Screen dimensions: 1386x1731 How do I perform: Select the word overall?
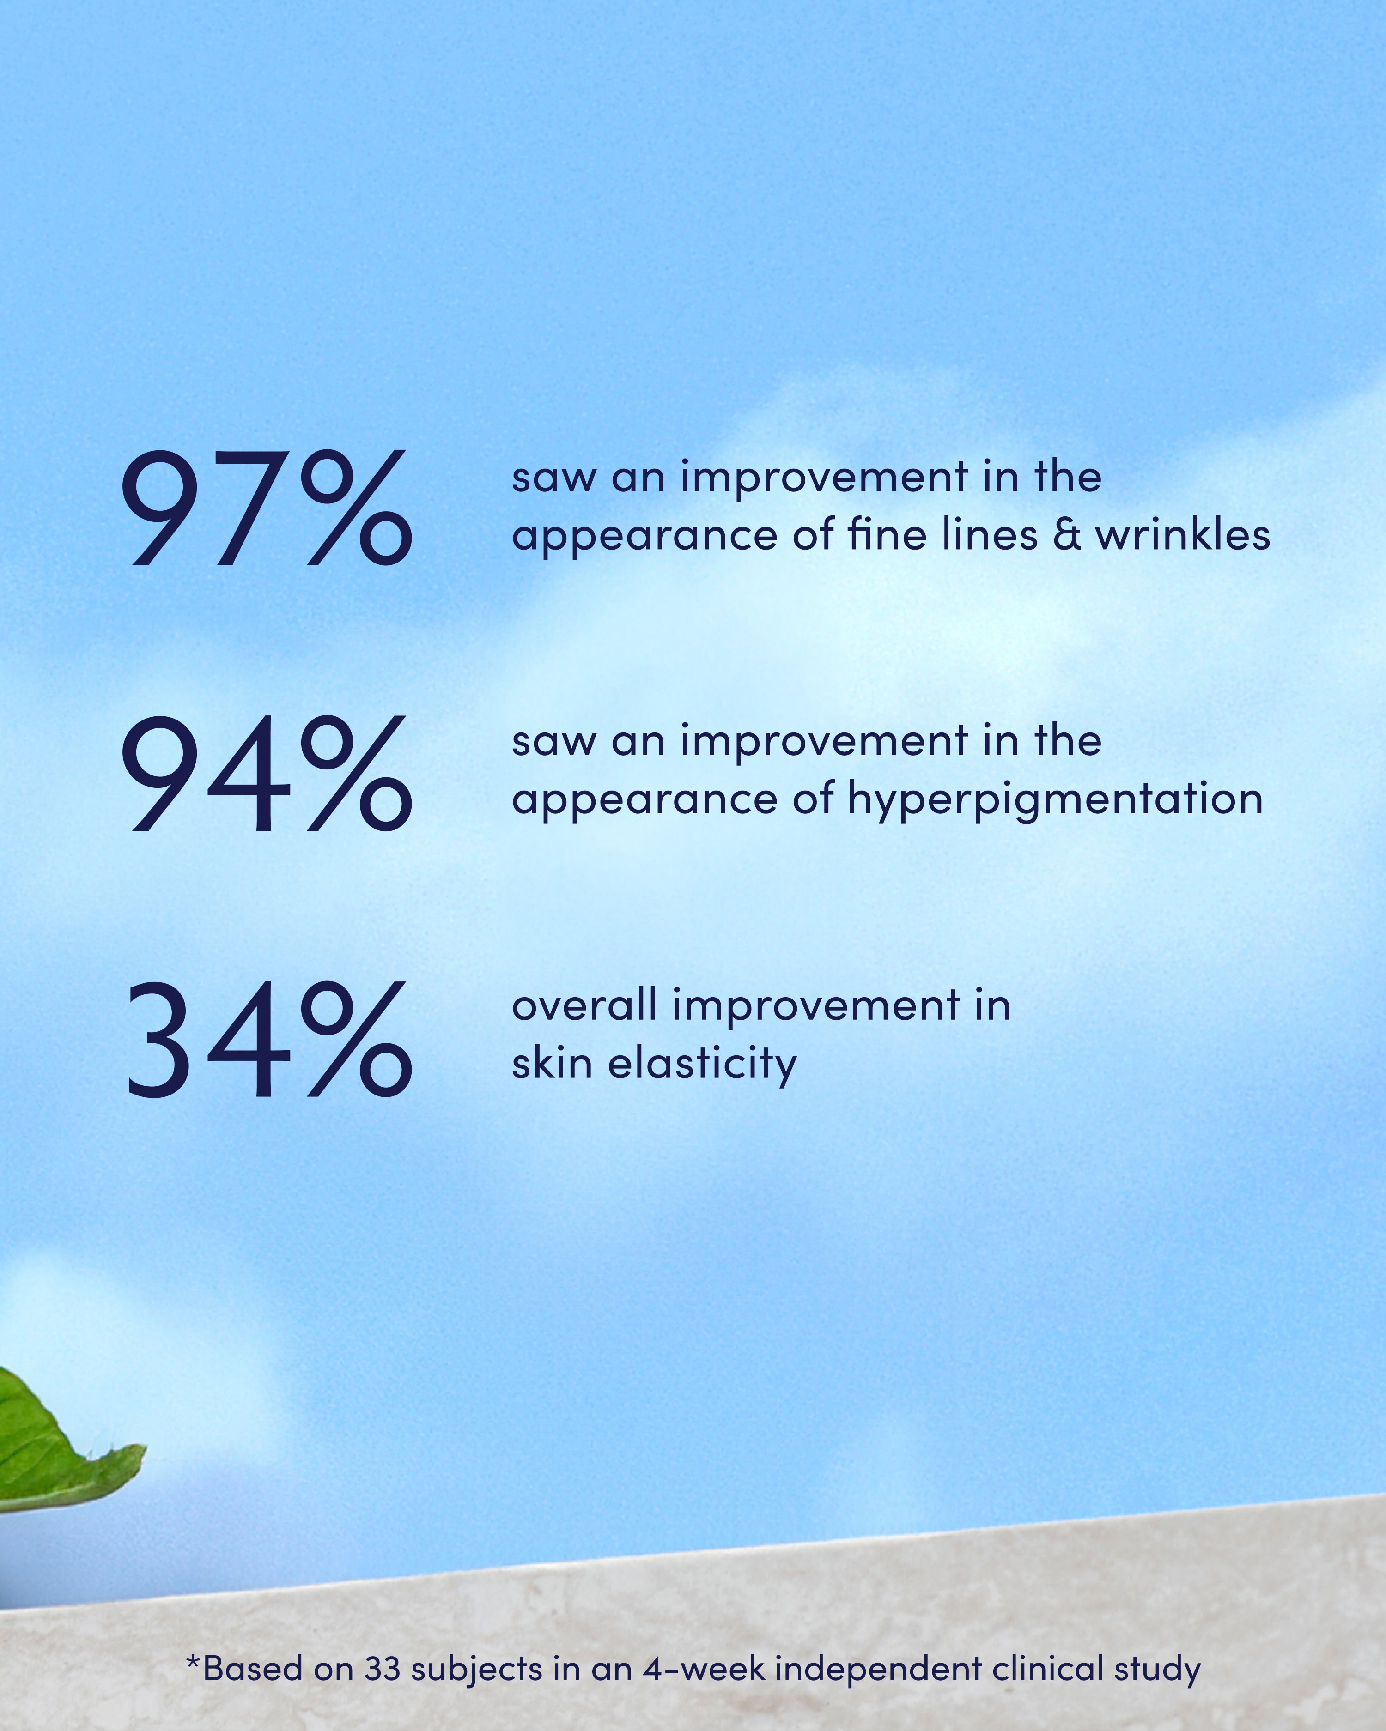(584, 1005)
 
